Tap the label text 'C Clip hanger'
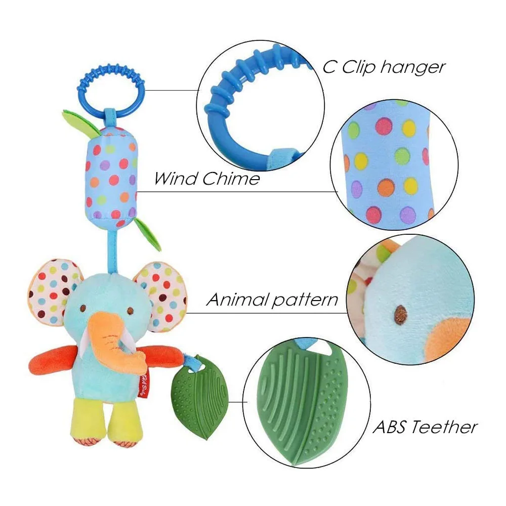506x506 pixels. [x=384, y=67]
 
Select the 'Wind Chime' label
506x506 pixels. [x=207, y=178]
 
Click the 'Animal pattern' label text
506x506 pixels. [x=272, y=300]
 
